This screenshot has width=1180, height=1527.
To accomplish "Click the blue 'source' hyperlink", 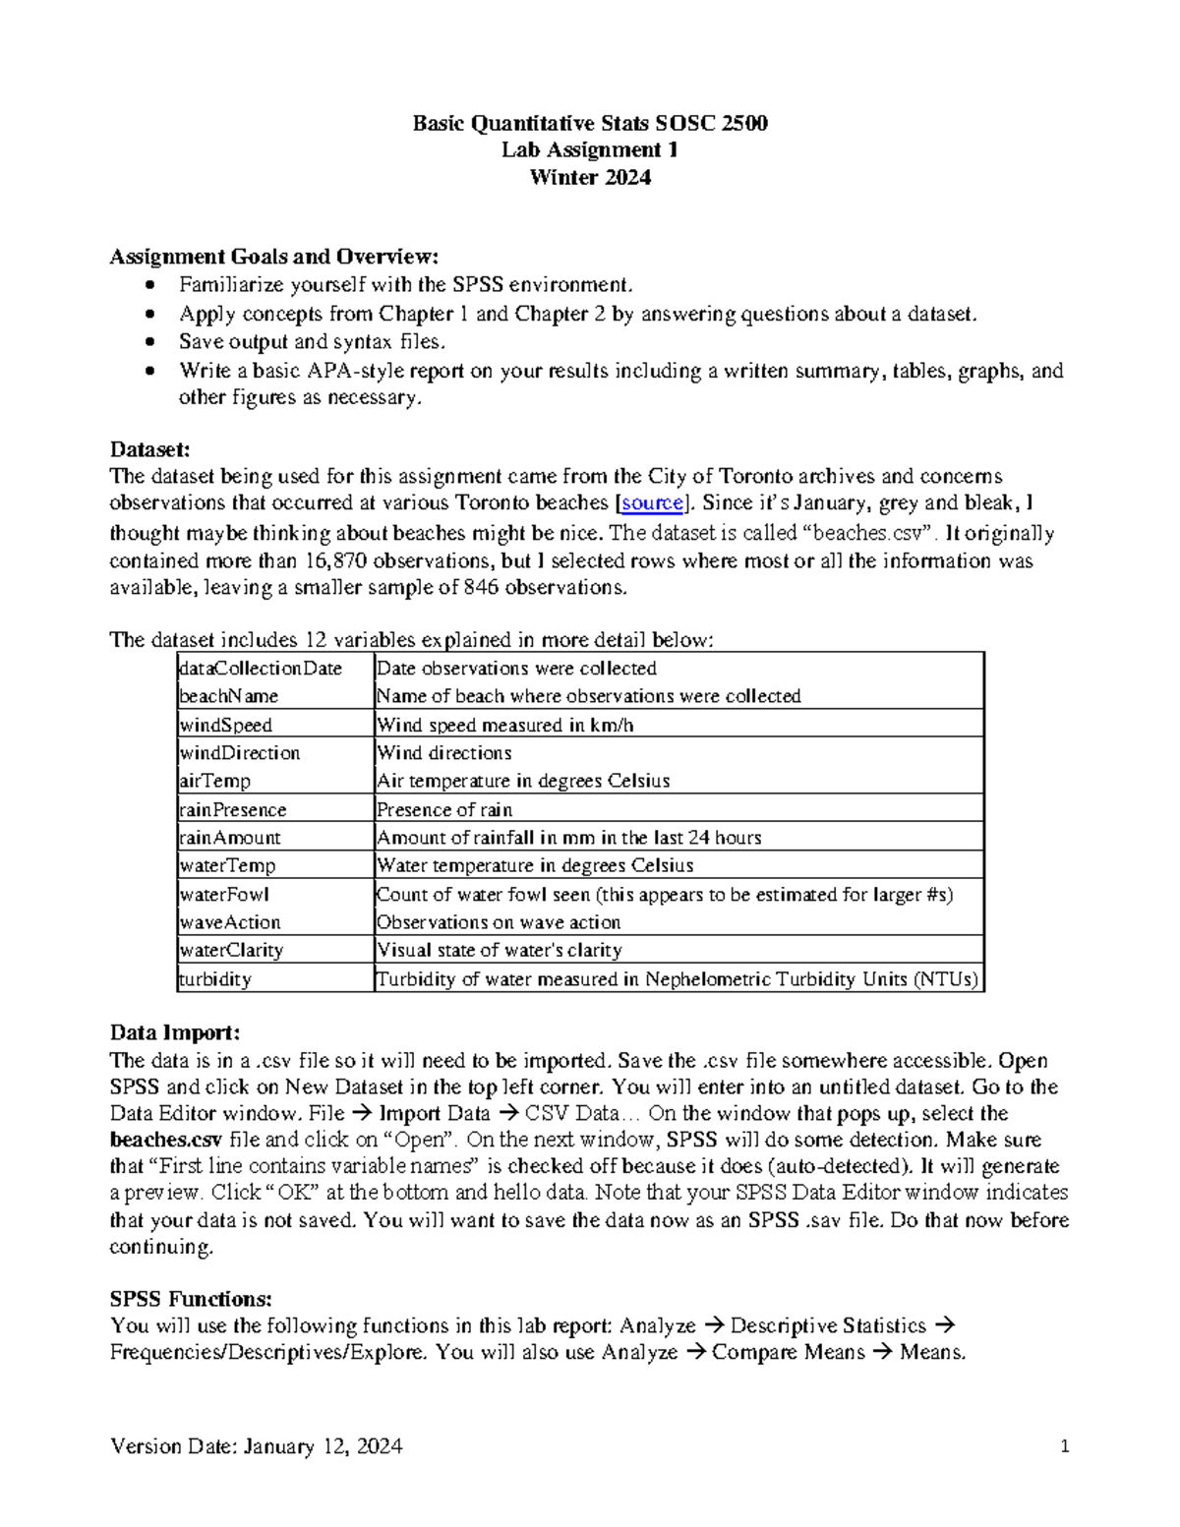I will [x=652, y=503].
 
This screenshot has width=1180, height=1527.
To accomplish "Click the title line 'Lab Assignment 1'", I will [x=589, y=150].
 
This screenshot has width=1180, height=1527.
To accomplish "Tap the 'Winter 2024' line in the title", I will [x=589, y=178].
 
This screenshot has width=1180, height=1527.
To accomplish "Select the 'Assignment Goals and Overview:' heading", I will [x=273, y=257].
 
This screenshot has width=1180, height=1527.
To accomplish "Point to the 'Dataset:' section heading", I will [x=149, y=449].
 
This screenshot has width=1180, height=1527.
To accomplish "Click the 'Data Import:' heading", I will [x=175, y=1032].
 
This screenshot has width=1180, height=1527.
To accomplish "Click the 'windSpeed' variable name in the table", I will [x=225, y=725].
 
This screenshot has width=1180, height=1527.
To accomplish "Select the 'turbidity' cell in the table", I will [x=214, y=979].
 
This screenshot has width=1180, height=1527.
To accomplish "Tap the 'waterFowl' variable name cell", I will [x=224, y=895].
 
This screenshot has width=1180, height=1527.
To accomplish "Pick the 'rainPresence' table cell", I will [x=232, y=810].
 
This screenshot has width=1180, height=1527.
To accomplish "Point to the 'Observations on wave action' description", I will [x=499, y=922].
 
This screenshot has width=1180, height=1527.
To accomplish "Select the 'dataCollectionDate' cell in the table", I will [x=261, y=669].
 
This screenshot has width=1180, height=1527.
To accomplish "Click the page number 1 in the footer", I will [x=1064, y=1446].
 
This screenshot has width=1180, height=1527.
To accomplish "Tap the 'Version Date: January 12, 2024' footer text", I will [x=256, y=1446].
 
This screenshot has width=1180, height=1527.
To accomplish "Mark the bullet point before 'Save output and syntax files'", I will [x=148, y=342].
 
